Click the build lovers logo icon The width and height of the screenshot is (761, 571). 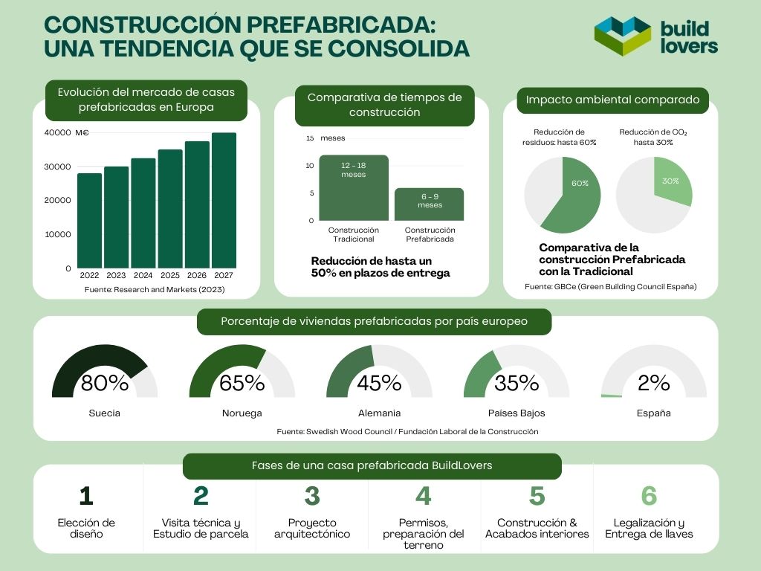(623, 36)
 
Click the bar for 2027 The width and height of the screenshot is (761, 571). (224, 201)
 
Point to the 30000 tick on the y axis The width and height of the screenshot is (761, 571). (57, 167)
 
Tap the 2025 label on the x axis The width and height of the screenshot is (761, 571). (170, 275)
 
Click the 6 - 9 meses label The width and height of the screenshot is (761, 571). (430, 201)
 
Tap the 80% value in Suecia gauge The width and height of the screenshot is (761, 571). (104, 384)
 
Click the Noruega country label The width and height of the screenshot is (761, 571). (242, 413)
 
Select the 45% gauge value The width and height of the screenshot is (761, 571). (379, 384)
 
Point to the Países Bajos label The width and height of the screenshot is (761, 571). (516, 413)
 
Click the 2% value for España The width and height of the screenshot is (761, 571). (653, 384)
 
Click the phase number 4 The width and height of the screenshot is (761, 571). (423, 496)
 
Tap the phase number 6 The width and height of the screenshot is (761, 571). (649, 496)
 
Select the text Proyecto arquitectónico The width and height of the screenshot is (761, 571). (312, 528)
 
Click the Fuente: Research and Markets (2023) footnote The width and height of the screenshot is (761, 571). (154, 289)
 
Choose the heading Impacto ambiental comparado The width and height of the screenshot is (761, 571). (612, 100)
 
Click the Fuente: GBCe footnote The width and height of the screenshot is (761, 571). (610, 286)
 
